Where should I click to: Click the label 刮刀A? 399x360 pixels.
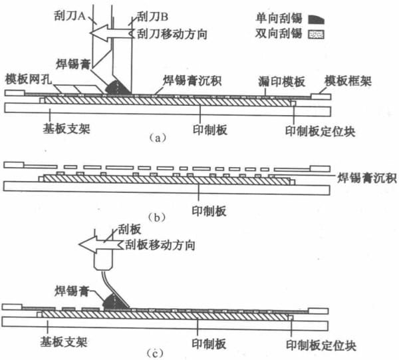70,16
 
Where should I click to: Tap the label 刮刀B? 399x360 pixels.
153,17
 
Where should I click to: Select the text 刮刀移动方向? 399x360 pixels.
172,34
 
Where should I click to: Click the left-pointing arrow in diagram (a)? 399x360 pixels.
112,33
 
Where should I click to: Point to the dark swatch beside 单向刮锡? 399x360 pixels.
316,19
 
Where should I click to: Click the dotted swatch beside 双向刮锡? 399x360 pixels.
316,35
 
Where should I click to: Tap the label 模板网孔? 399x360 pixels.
29,79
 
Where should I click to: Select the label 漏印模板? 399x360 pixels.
282,81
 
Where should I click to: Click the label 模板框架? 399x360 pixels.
348,81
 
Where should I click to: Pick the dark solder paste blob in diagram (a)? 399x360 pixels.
117,88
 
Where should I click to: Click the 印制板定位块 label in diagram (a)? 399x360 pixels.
320,132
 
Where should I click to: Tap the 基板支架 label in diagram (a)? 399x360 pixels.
66,128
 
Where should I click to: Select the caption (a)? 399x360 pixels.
158,138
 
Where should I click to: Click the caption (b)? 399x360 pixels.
157,218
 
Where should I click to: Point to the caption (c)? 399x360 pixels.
156,353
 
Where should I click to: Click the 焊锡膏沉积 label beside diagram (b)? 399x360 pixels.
366,178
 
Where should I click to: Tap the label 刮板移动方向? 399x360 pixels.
160,245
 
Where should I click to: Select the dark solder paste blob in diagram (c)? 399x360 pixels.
115,301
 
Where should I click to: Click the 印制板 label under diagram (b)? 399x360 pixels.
209,211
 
